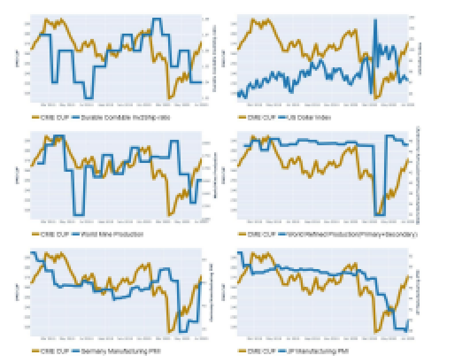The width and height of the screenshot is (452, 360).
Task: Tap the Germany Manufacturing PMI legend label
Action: tap(106, 351)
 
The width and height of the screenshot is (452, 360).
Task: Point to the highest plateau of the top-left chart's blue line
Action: tap(157, 19)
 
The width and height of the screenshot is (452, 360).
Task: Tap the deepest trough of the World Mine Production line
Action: tap(78, 214)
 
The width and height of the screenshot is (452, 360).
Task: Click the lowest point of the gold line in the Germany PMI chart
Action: tap(170, 332)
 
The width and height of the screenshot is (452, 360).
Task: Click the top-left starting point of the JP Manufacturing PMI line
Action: tap(238, 253)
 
